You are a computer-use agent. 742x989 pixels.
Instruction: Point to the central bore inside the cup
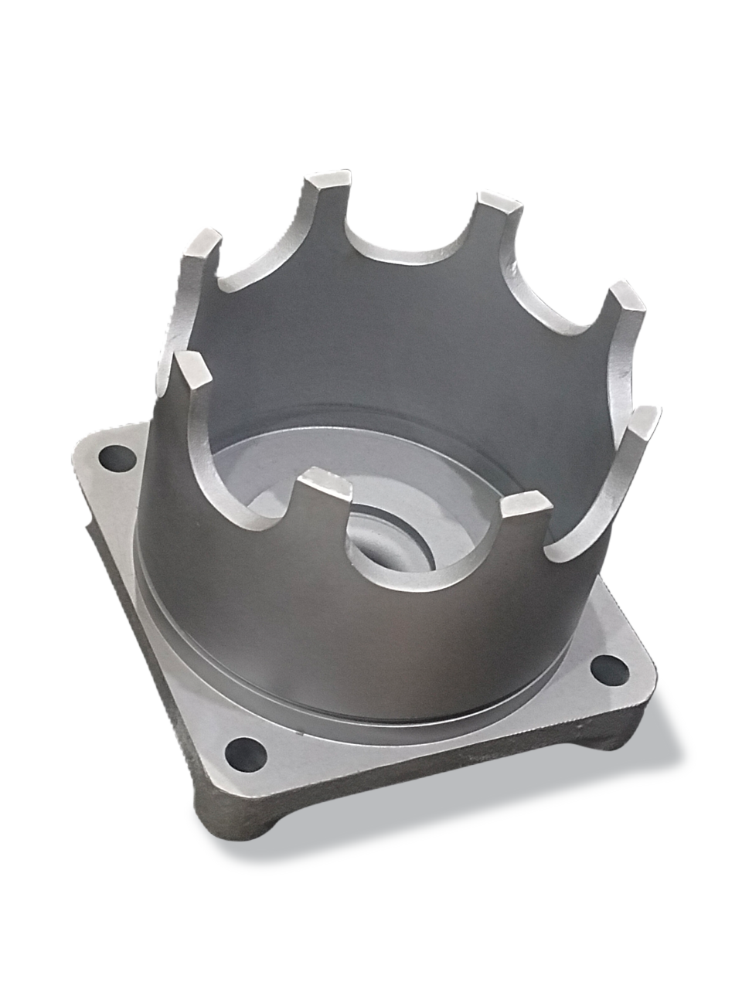386,541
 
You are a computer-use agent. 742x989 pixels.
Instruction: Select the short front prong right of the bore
525,505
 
